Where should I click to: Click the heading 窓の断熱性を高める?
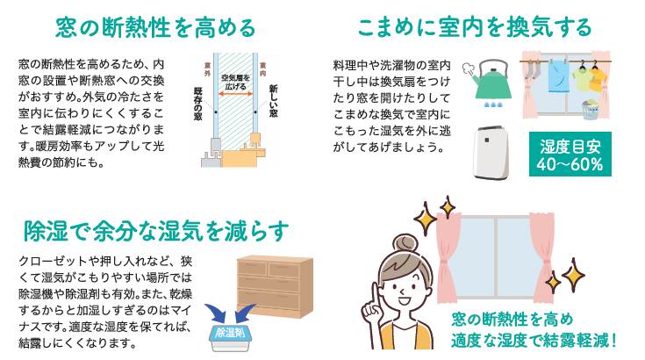[155, 27]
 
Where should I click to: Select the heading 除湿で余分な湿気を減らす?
[156, 231]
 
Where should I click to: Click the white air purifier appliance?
[491, 153]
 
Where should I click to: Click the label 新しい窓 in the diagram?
[274, 97]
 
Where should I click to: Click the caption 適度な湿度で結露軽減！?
[535, 338]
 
